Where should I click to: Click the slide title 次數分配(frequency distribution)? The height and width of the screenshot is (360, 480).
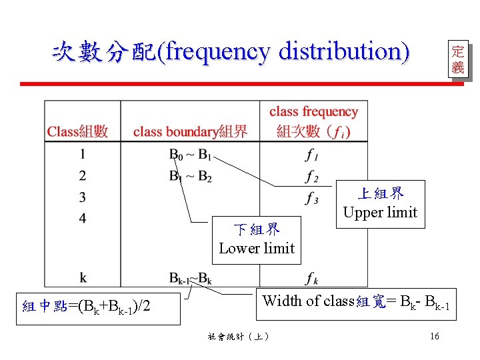tap(231, 52)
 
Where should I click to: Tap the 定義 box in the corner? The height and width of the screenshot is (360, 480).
tap(457, 59)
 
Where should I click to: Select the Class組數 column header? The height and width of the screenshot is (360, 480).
tap(78, 131)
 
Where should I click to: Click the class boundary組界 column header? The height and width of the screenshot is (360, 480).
tap(190, 131)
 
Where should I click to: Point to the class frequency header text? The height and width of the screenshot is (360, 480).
tap(313, 111)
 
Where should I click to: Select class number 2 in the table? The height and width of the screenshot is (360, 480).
tap(83, 176)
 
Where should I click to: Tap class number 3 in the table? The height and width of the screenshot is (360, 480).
tap(83, 197)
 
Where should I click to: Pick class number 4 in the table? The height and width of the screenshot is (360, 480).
tap(83, 218)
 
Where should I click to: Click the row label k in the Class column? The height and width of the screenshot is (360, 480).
tap(83, 277)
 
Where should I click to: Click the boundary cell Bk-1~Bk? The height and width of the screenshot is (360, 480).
tap(190, 277)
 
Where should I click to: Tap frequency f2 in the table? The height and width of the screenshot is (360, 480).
tap(311, 177)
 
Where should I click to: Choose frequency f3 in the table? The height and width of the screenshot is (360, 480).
tap(311, 198)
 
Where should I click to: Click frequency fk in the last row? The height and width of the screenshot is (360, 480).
tap(311, 277)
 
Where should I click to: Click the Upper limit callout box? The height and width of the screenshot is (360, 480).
tap(380, 203)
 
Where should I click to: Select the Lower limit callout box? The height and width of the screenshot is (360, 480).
tap(257, 239)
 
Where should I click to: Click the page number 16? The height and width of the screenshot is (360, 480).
tap(435, 336)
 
